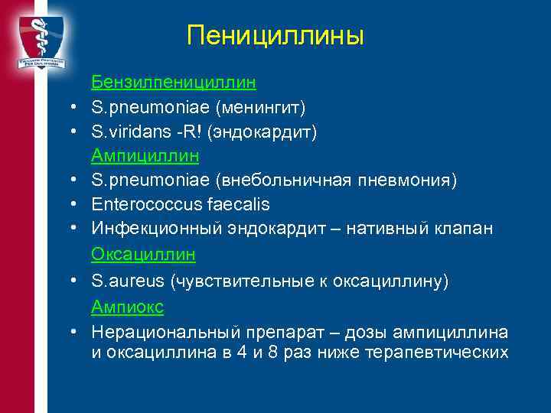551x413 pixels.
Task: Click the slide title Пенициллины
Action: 275,35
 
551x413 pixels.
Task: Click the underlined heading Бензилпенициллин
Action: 174,81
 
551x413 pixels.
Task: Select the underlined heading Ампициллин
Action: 145,156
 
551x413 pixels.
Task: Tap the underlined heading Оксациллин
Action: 144,254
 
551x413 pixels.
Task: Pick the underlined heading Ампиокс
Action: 128,306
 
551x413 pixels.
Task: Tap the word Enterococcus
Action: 141,205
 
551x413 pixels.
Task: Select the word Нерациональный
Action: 165,332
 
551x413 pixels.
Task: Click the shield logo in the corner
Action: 41,38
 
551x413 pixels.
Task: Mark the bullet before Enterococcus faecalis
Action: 70,205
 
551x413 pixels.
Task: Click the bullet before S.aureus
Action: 70,281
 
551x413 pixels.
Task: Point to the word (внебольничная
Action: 282,180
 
